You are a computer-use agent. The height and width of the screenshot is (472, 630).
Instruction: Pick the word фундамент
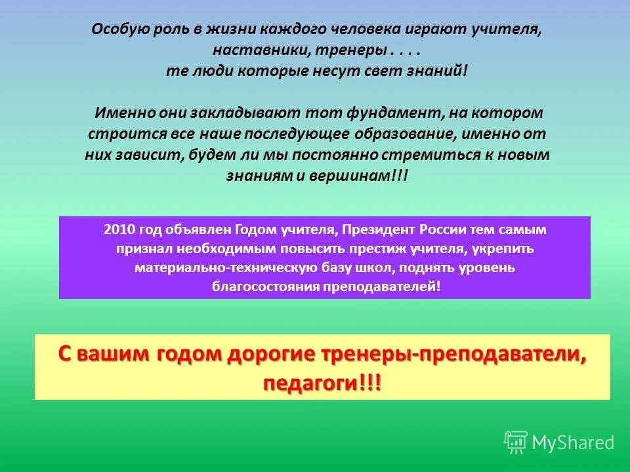(x=383, y=113)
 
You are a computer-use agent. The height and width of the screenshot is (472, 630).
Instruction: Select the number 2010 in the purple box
(x=118, y=230)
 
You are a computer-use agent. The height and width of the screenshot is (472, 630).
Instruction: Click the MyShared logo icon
(x=516, y=442)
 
